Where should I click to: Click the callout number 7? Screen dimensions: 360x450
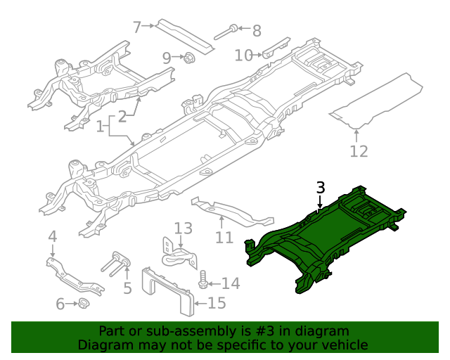pyautogui.click(x=137, y=27)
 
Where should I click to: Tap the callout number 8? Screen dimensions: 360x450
pyautogui.click(x=256, y=30)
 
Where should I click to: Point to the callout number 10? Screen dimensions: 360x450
pyautogui.click(x=243, y=55)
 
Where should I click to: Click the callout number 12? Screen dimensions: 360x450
pyautogui.click(x=359, y=150)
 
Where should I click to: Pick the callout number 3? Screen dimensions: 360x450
pyautogui.click(x=321, y=188)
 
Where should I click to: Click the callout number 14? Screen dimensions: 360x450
pyautogui.click(x=231, y=283)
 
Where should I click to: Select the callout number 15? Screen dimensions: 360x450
pyautogui.click(x=217, y=304)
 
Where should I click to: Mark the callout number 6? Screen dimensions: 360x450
pyautogui.click(x=60, y=304)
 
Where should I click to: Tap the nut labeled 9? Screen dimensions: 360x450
pyautogui.click(x=189, y=58)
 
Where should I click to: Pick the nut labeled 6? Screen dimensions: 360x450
pyautogui.click(x=82, y=304)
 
